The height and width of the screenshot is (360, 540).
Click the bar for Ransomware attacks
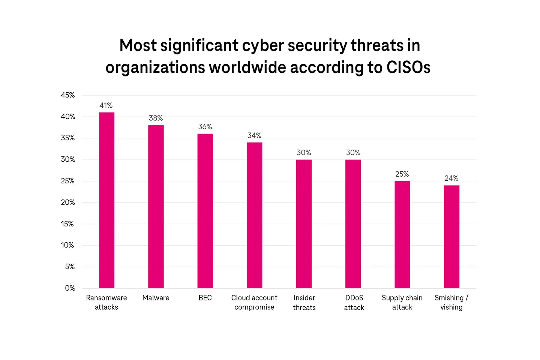click(106, 200)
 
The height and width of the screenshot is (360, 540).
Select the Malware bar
click(156, 207)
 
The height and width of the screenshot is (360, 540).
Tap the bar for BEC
click(205, 211)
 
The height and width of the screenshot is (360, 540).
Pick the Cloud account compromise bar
click(254, 215)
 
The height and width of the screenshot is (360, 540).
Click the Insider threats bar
click(304, 224)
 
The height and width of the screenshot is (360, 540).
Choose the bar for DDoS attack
click(353, 224)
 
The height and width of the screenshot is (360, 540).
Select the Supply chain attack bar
click(402, 234)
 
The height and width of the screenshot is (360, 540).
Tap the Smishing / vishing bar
click(451, 237)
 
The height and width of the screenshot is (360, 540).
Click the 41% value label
click(106, 105)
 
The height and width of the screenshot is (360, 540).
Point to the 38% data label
click(156, 118)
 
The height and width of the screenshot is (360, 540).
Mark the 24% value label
click(451, 178)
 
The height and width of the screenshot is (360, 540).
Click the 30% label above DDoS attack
click(353, 153)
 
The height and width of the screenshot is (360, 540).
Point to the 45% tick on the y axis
click(68, 95)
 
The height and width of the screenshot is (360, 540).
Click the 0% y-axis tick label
click(70, 288)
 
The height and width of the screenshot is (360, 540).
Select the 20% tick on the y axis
click(68, 202)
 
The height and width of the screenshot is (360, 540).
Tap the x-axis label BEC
click(205, 298)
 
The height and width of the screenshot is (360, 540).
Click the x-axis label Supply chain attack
click(402, 302)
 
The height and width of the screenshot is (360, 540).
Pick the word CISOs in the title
click(408, 67)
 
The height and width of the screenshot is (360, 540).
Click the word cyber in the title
click(263, 46)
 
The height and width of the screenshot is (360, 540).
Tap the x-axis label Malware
click(156, 298)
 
